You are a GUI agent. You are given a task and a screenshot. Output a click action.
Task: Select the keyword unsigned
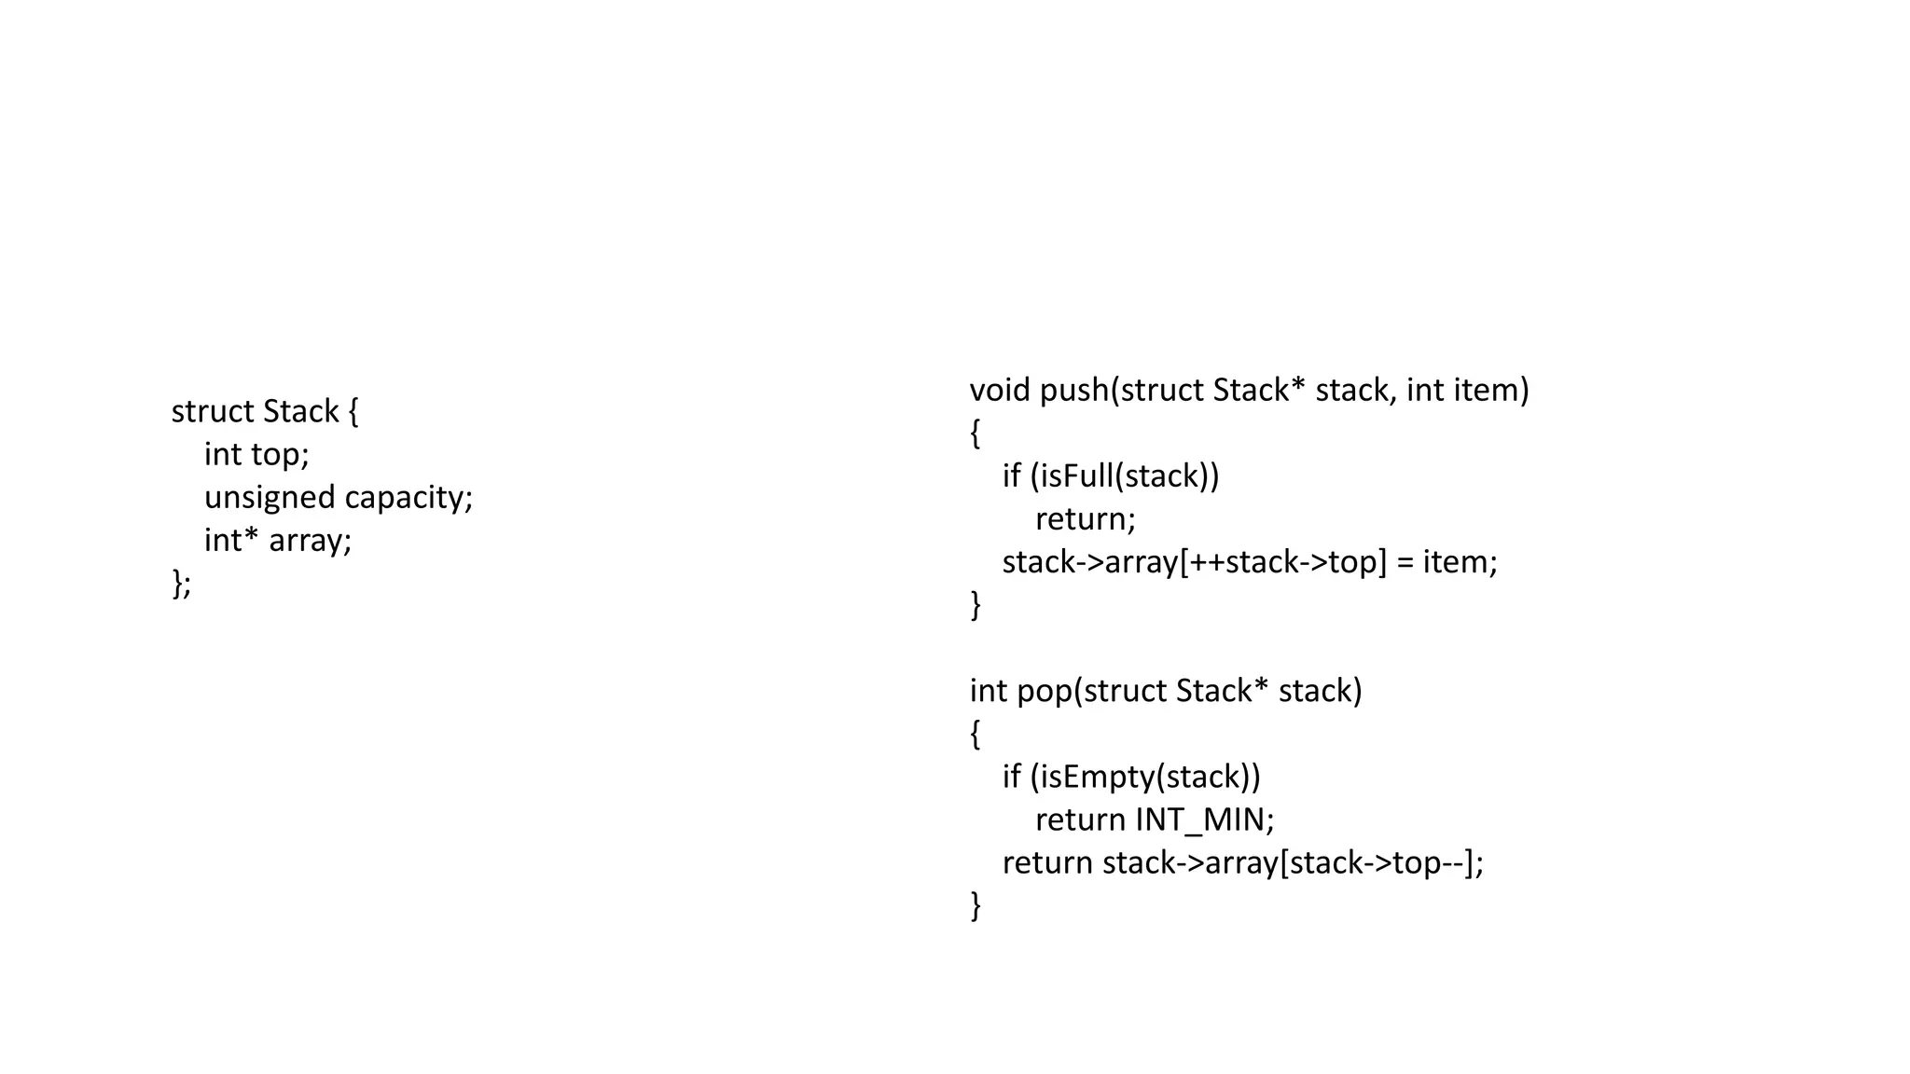pyautogui.click(x=269, y=498)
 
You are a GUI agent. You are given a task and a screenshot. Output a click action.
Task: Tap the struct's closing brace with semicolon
pyautogui.click(x=181, y=584)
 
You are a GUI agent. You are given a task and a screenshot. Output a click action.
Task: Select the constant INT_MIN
pyautogui.click(x=1203, y=820)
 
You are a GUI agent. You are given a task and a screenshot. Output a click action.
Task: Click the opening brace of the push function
pyautogui.click(x=976, y=434)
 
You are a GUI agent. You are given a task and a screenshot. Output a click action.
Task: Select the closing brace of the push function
pyautogui.click(x=976, y=605)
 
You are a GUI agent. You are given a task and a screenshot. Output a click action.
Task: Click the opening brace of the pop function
pyautogui.click(x=976, y=735)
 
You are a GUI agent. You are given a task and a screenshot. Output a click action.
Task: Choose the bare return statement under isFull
pyautogui.click(x=1085, y=519)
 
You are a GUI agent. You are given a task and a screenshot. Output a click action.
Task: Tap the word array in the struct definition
pyautogui.click(x=309, y=541)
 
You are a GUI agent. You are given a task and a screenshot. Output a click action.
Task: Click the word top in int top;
pyautogui.click(x=279, y=455)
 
